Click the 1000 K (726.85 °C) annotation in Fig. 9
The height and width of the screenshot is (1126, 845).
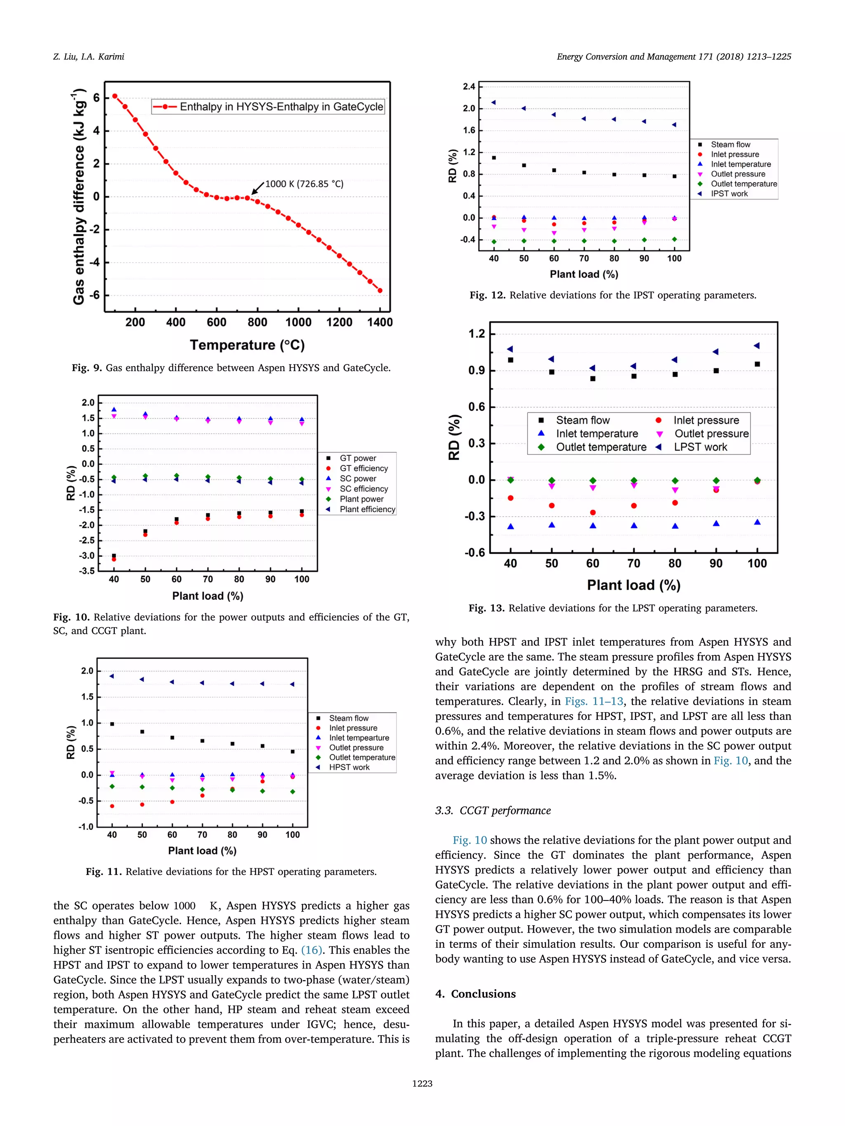[304, 184]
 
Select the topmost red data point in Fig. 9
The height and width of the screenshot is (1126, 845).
[115, 96]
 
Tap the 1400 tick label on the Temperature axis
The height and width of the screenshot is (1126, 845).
[380, 322]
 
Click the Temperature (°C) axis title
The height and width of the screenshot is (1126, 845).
[247, 345]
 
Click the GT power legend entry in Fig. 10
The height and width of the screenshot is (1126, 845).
[358, 458]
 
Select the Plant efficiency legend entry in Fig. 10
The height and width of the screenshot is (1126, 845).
[367, 509]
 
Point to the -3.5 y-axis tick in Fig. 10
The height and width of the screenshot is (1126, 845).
[87, 571]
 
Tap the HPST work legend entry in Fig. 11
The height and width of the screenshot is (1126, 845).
[349, 767]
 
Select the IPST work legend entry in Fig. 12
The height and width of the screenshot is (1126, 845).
[729, 193]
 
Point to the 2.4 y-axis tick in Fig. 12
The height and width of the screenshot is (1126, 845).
[469, 87]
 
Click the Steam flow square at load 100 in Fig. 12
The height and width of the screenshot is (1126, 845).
[674, 176]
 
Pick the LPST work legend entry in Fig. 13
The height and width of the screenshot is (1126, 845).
[700, 447]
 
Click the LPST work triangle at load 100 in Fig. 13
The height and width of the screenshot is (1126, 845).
[757, 346]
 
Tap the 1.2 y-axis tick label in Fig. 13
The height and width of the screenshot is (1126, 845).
[477, 334]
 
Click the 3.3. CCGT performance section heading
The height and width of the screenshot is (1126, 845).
[493, 811]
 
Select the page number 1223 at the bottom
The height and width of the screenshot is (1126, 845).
[422, 1083]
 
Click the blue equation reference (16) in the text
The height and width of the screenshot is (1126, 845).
[312, 950]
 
